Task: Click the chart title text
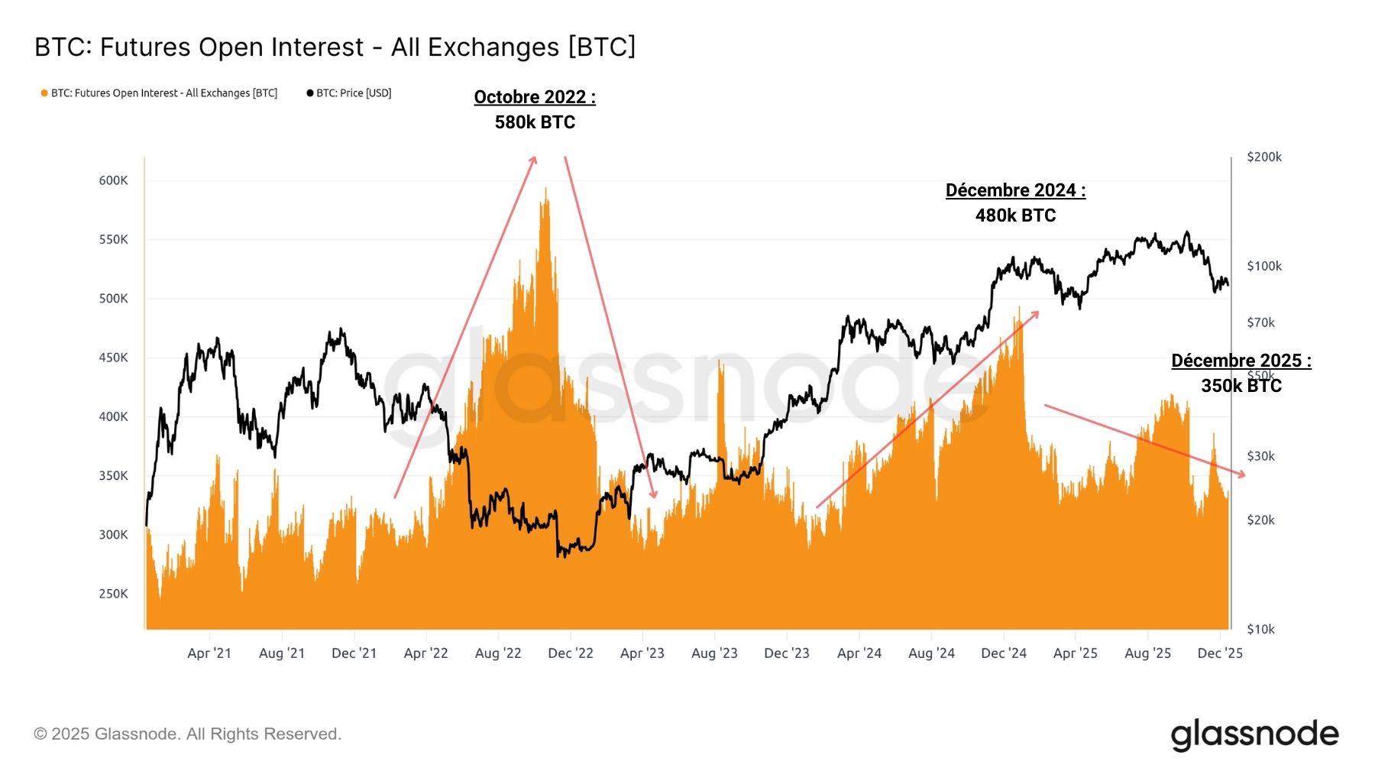click(x=335, y=47)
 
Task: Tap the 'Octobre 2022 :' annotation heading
click(x=535, y=97)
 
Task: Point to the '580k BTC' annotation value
click(x=535, y=122)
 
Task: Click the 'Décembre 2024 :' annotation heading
click(x=1015, y=190)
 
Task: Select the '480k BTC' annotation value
click(x=1015, y=215)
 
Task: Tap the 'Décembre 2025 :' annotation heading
click(x=1241, y=361)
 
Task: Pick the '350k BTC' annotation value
click(x=1241, y=386)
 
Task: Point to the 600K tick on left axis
click(x=113, y=180)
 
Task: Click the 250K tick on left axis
click(x=113, y=594)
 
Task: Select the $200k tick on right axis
click(x=1263, y=157)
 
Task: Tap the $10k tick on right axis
click(x=1260, y=630)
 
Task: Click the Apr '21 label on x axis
click(x=209, y=653)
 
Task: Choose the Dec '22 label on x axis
click(x=571, y=653)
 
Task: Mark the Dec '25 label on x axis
click(x=1220, y=653)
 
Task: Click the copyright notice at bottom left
click(x=187, y=734)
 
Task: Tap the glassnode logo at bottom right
click(x=1254, y=734)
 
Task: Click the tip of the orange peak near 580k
click(x=545, y=189)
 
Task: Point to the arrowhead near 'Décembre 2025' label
click(x=1243, y=474)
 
